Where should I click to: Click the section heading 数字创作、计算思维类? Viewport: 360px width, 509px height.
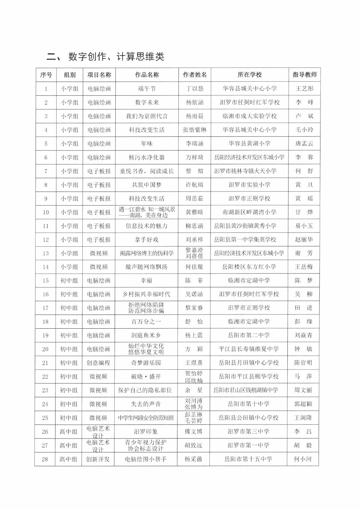point(116,57)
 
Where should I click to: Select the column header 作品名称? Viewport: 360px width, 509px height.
point(147,75)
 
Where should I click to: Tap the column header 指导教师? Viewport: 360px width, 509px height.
point(304,75)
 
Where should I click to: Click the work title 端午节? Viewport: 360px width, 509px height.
point(147,89)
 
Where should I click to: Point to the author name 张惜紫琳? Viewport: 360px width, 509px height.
point(195,130)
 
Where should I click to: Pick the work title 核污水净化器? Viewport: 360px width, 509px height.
point(147,157)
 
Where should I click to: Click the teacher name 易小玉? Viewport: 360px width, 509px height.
point(304,226)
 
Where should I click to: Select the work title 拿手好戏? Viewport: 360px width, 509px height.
point(147,240)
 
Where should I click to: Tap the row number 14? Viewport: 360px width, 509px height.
point(46,267)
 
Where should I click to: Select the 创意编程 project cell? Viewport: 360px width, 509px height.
point(98,363)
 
